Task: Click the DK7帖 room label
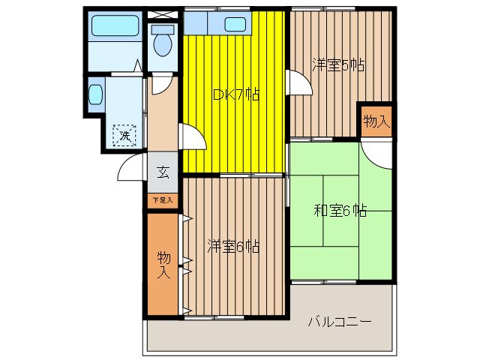coord(236,95)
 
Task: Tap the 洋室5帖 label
coord(338,65)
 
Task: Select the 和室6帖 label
coord(340,211)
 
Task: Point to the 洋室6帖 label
coord(233,245)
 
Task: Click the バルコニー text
coord(340,322)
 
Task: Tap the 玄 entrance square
coord(163,172)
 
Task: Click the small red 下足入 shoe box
coord(163,200)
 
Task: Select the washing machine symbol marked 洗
coord(125,136)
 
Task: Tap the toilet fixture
coord(160,42)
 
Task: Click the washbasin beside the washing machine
coord(95,94)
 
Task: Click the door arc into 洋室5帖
coord(300,82)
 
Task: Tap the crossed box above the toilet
coord(160,14)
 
